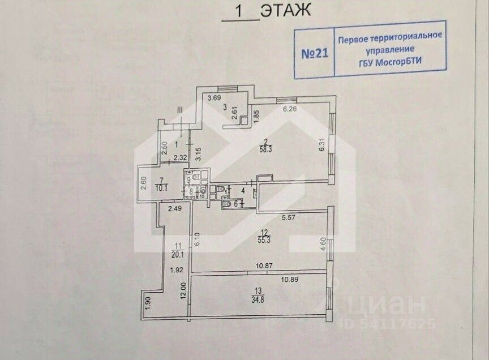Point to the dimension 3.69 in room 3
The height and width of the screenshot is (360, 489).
coord(213,98)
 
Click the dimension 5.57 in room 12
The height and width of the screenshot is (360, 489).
coord(290,216)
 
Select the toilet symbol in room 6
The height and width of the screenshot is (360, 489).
coord(228,204)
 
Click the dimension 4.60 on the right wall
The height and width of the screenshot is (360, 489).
coord(323,244)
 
